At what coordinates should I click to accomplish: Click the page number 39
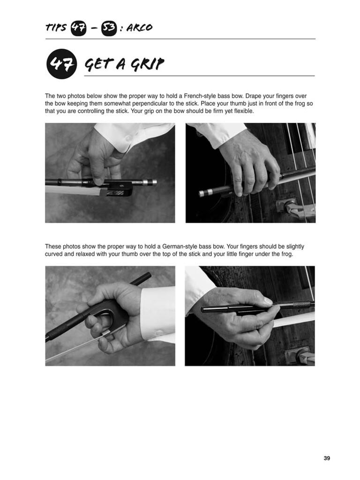point(327,458)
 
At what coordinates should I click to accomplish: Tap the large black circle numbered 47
point(61,64)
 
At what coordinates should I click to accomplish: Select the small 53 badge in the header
point(109,28)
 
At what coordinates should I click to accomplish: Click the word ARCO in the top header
point(139,28)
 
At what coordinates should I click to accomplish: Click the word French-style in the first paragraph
point(200,96)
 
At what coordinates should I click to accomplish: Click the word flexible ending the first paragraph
point(244,111)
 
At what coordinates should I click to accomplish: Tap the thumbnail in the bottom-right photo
point(268,301)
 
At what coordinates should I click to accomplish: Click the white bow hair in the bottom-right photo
point(294,319)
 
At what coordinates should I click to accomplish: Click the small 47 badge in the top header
point(79,28)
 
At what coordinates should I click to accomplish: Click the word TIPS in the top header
point(56,28)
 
